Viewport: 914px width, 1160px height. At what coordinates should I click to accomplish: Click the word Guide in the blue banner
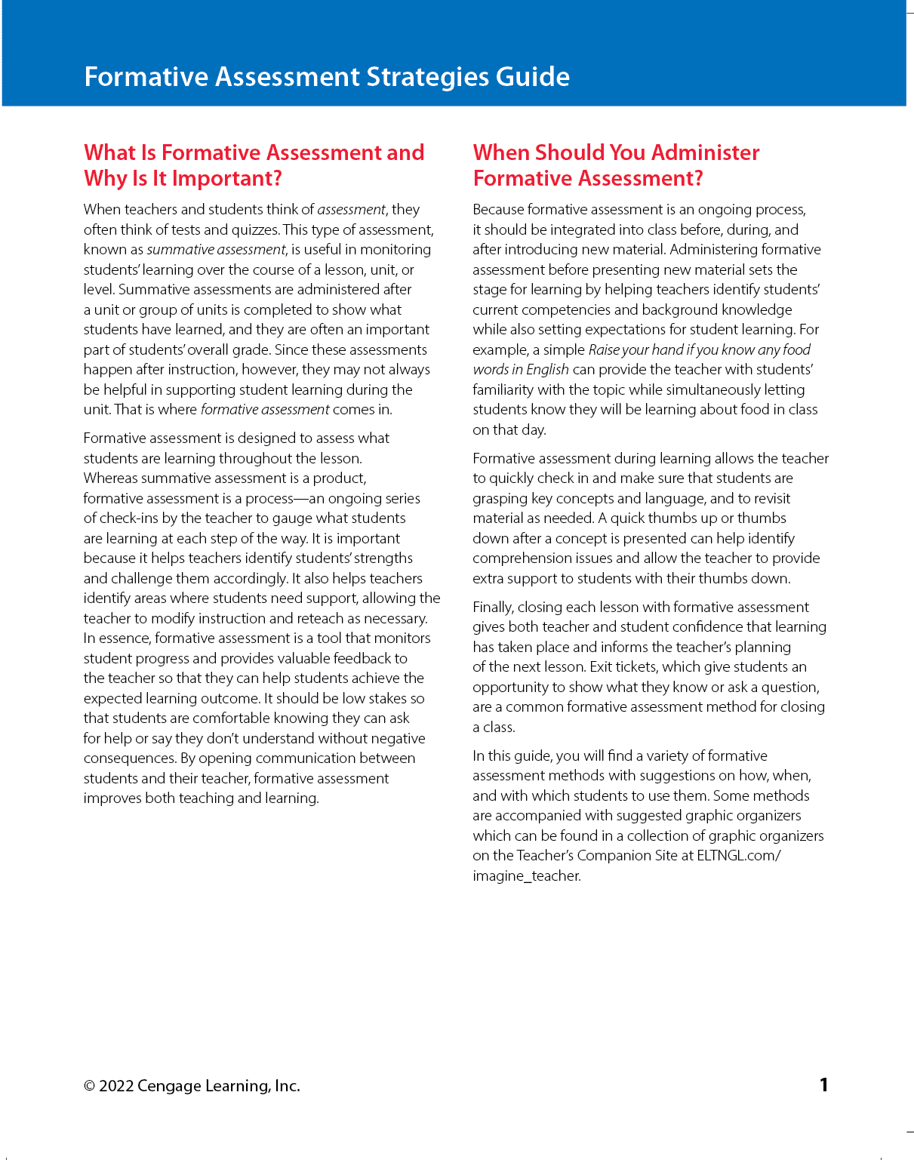[532, 77]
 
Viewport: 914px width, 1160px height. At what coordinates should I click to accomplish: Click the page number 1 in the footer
[823, 1085]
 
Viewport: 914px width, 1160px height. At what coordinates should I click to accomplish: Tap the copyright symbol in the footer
[89, 1086]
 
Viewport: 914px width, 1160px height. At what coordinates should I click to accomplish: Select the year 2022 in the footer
[116, 1086]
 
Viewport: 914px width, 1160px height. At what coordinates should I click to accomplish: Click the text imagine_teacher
[526, 875]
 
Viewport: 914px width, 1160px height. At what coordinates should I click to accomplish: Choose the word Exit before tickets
[601, 666]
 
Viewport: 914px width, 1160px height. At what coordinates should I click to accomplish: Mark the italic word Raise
[604, 349]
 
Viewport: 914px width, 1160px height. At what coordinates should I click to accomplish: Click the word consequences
[129, 758]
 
